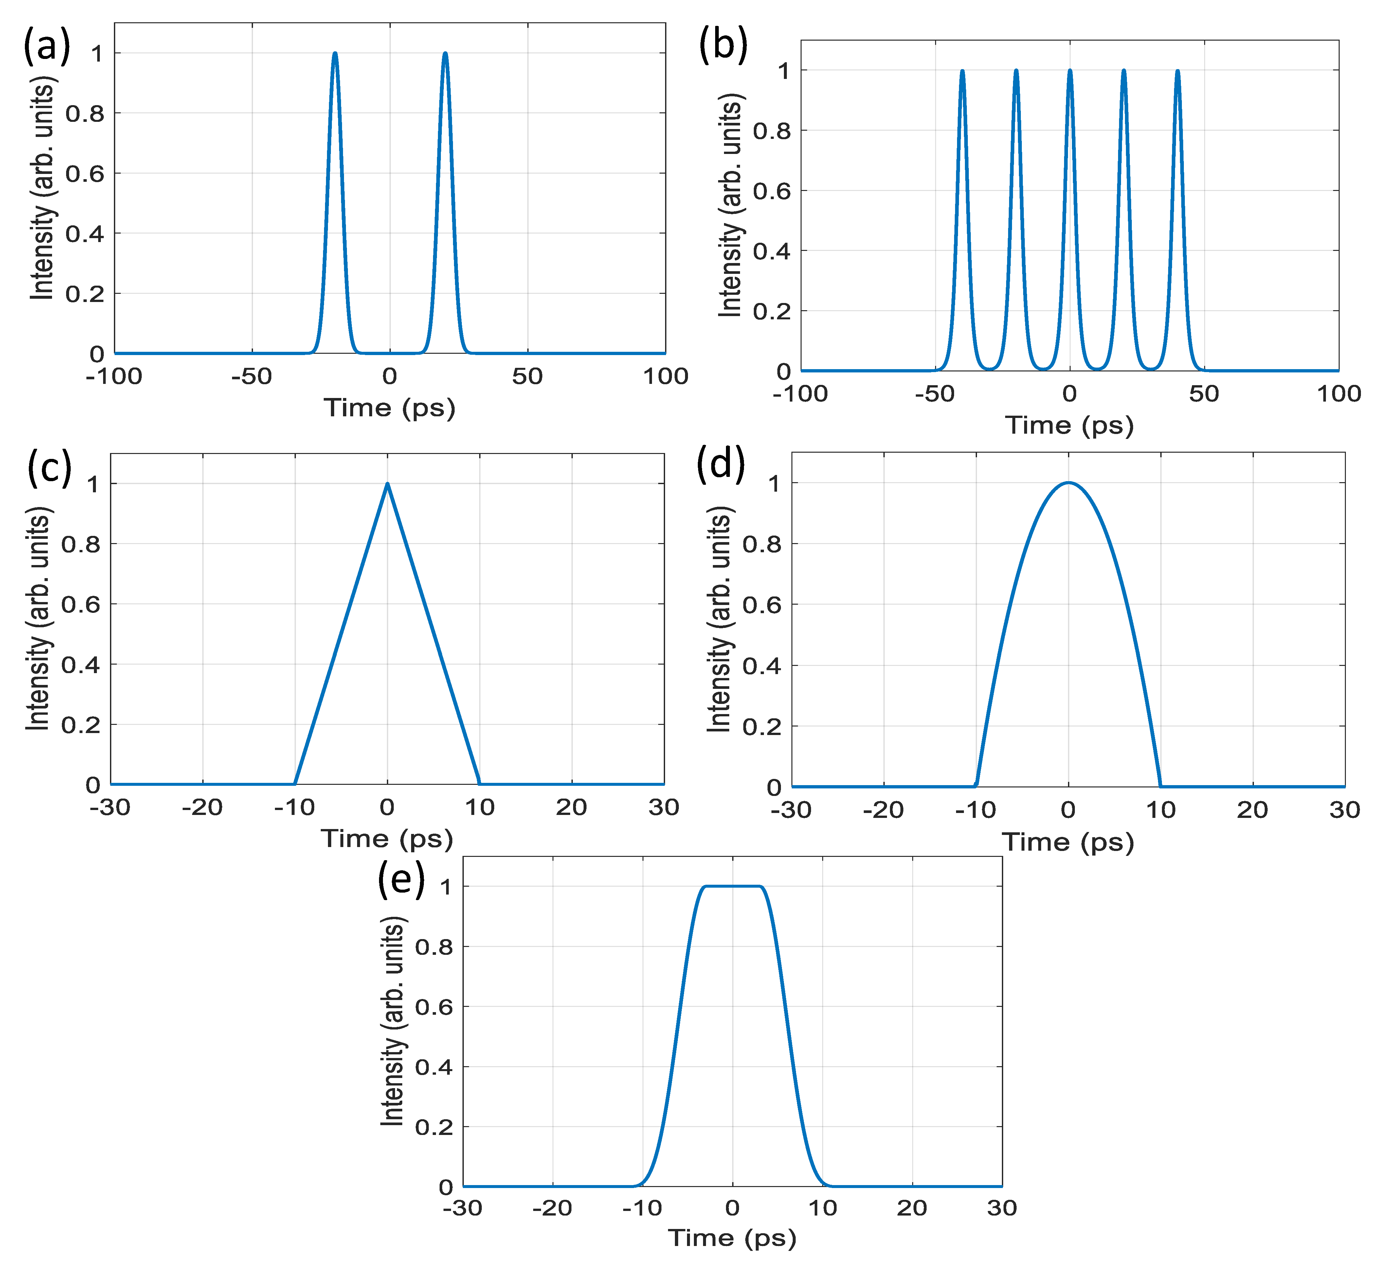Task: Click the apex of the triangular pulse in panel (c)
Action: (387, 484)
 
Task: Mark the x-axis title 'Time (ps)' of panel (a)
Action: (389, 408)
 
